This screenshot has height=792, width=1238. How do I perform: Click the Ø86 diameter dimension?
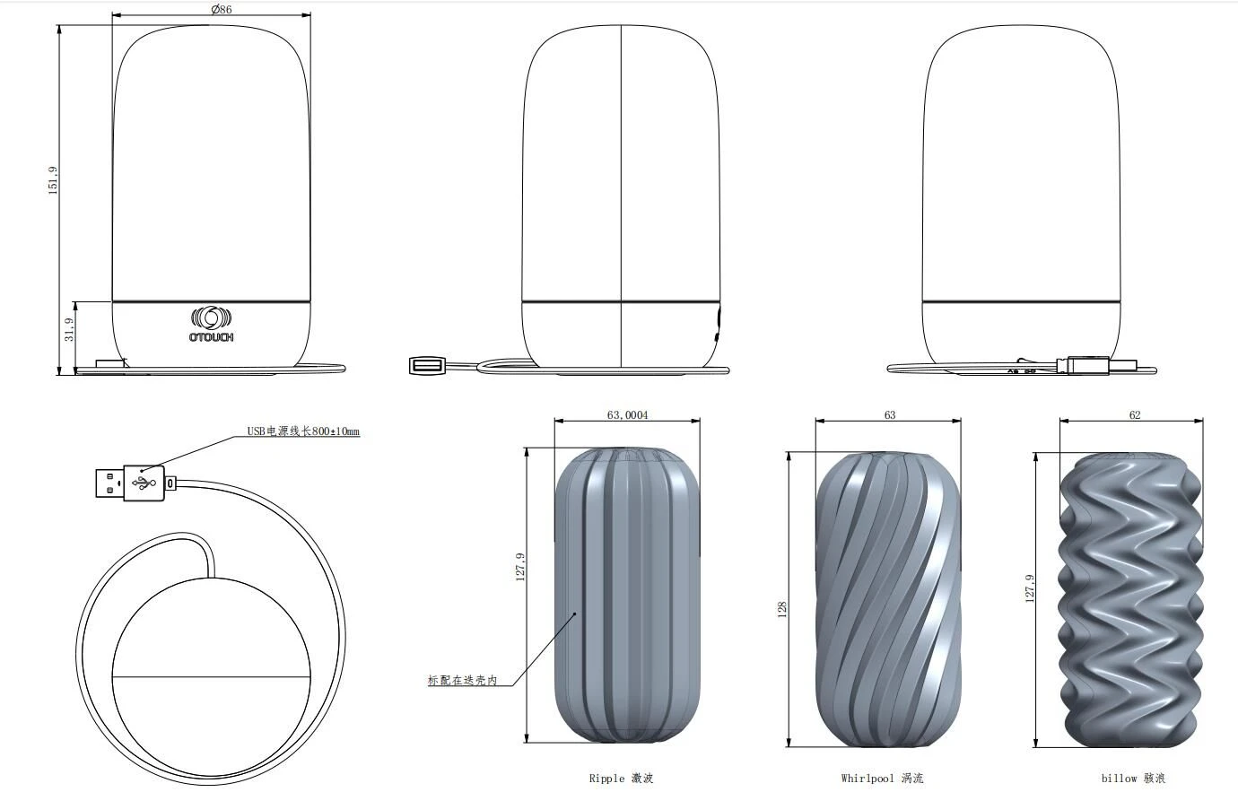221,9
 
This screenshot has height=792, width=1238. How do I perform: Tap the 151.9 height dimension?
53,180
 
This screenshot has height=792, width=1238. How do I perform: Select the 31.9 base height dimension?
69,329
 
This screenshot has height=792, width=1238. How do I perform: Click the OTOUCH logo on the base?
211,324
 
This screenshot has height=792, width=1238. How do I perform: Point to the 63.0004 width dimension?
627,415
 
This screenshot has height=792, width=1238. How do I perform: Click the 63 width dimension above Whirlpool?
890,415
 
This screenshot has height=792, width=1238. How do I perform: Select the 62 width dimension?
1135,415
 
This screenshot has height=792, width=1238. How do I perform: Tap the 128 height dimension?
782,609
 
